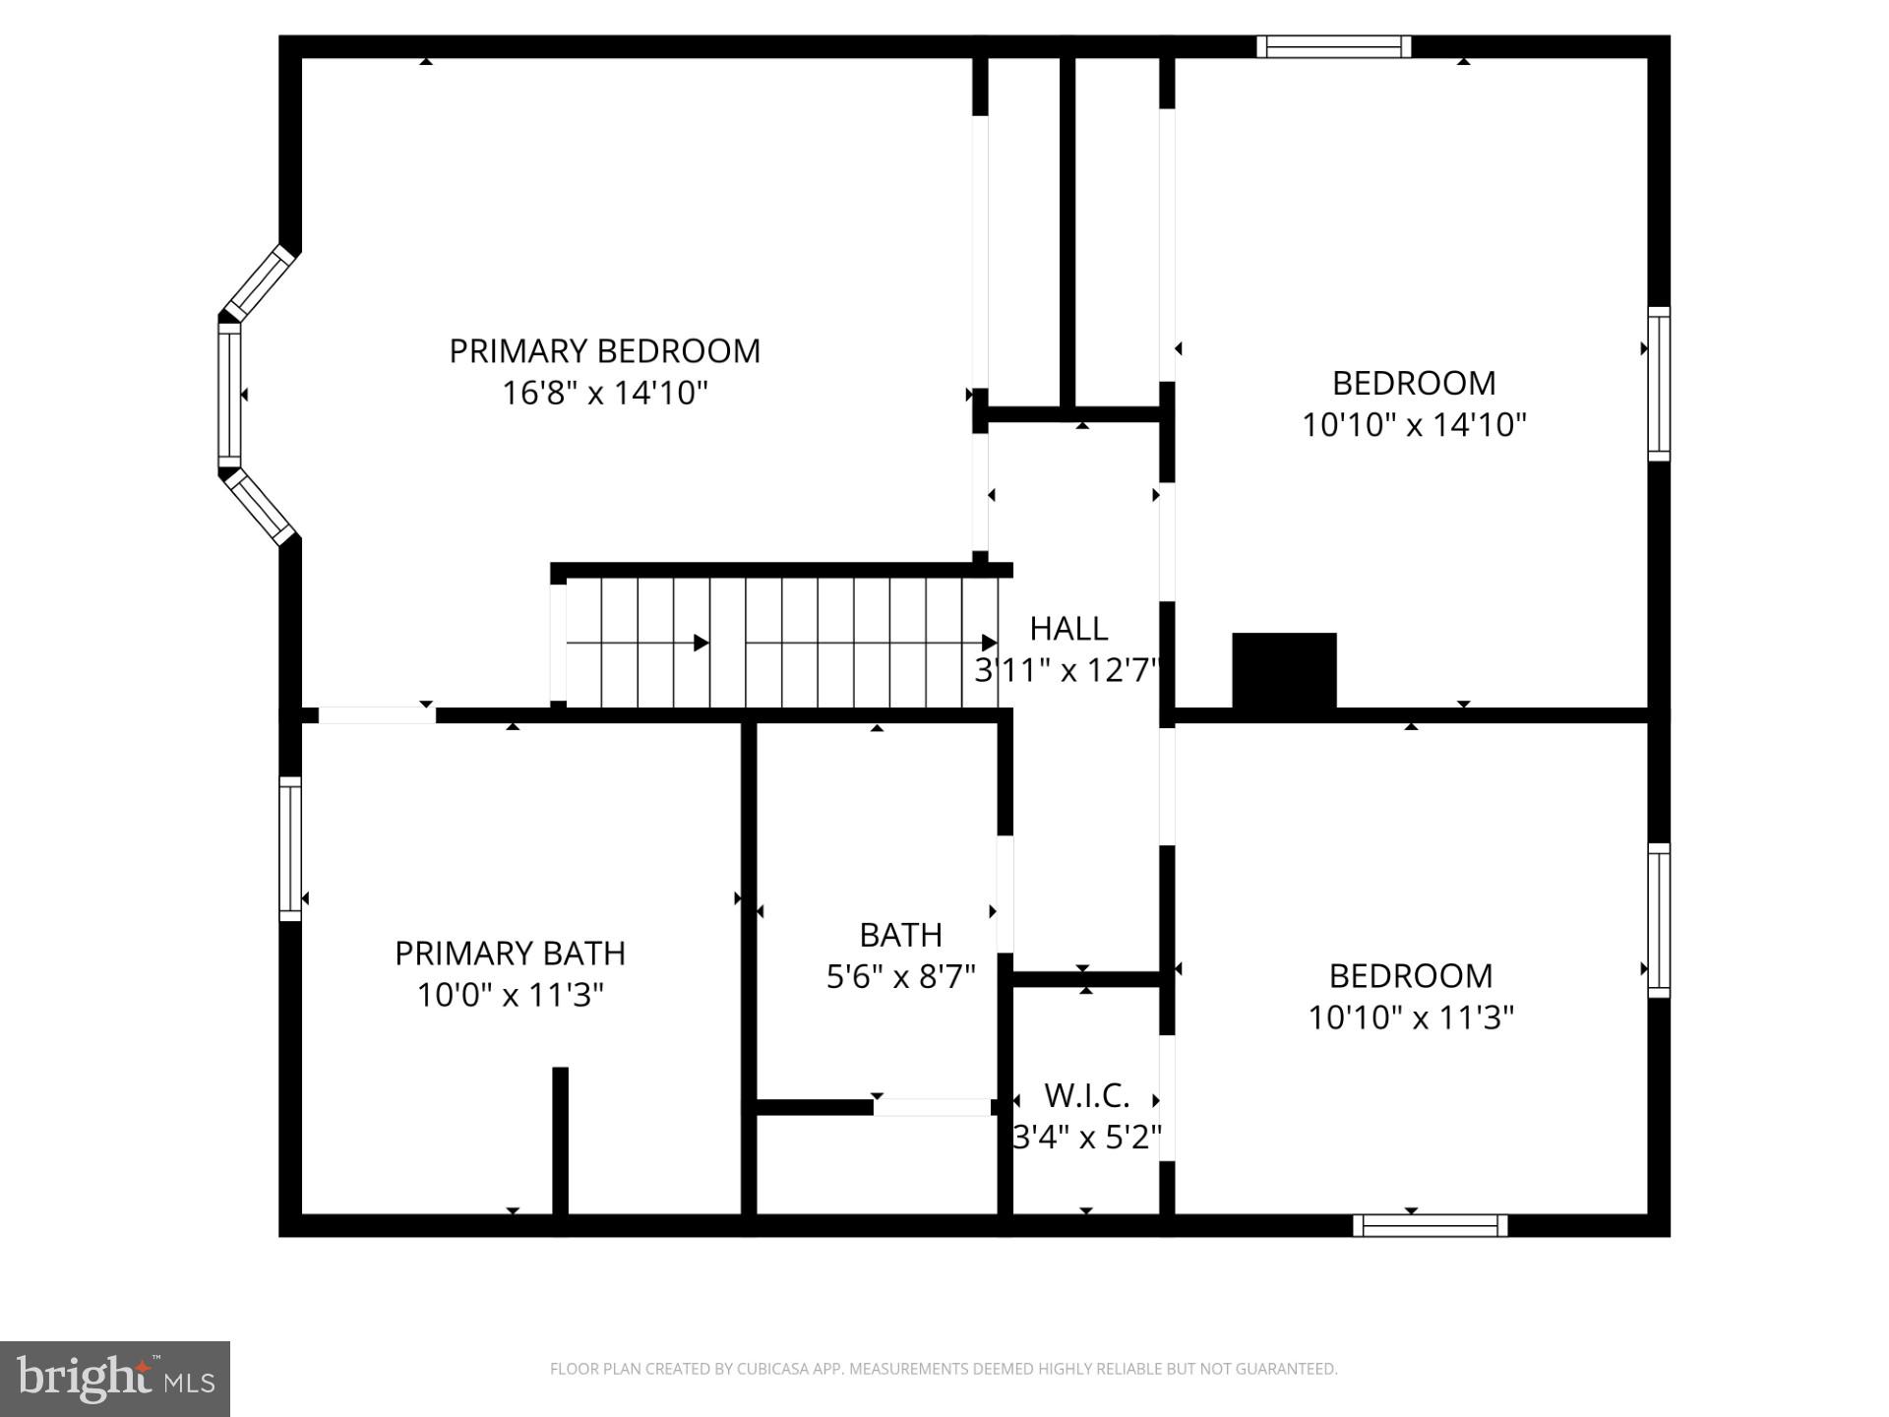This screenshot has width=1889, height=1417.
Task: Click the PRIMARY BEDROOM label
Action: click(604, 351)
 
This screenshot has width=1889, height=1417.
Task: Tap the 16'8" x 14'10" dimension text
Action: click(604, 394)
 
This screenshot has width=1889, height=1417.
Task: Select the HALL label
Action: click(1068, 628)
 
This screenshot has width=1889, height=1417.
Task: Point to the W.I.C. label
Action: click(1086, 1095)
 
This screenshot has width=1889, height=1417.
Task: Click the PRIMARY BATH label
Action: click(510, 953)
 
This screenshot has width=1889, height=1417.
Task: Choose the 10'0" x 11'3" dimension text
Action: click(510, 995)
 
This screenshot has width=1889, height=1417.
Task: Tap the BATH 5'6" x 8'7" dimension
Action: click(900, 976)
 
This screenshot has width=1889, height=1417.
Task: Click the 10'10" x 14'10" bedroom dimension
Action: click(1414, 425)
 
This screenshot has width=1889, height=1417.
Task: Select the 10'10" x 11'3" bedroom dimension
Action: click(1410, 1017)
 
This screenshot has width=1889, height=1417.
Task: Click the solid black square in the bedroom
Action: click(1284, 670)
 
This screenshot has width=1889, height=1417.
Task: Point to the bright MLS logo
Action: click(114, 1378)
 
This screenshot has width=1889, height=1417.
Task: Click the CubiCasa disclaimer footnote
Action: click(944, 1369)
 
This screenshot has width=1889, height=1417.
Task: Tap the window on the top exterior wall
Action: click(1333, 46)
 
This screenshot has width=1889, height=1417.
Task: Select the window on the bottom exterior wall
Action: click(1430, 1225)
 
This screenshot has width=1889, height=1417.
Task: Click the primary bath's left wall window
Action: click(290, 848)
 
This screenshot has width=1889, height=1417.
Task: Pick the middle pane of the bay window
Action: click(229, 395)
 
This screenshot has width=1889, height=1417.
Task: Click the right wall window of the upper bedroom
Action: click(1659, 384)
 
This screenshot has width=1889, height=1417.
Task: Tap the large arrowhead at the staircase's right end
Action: click(990, 644)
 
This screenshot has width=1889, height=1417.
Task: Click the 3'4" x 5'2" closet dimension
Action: click(1086, 1138)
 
